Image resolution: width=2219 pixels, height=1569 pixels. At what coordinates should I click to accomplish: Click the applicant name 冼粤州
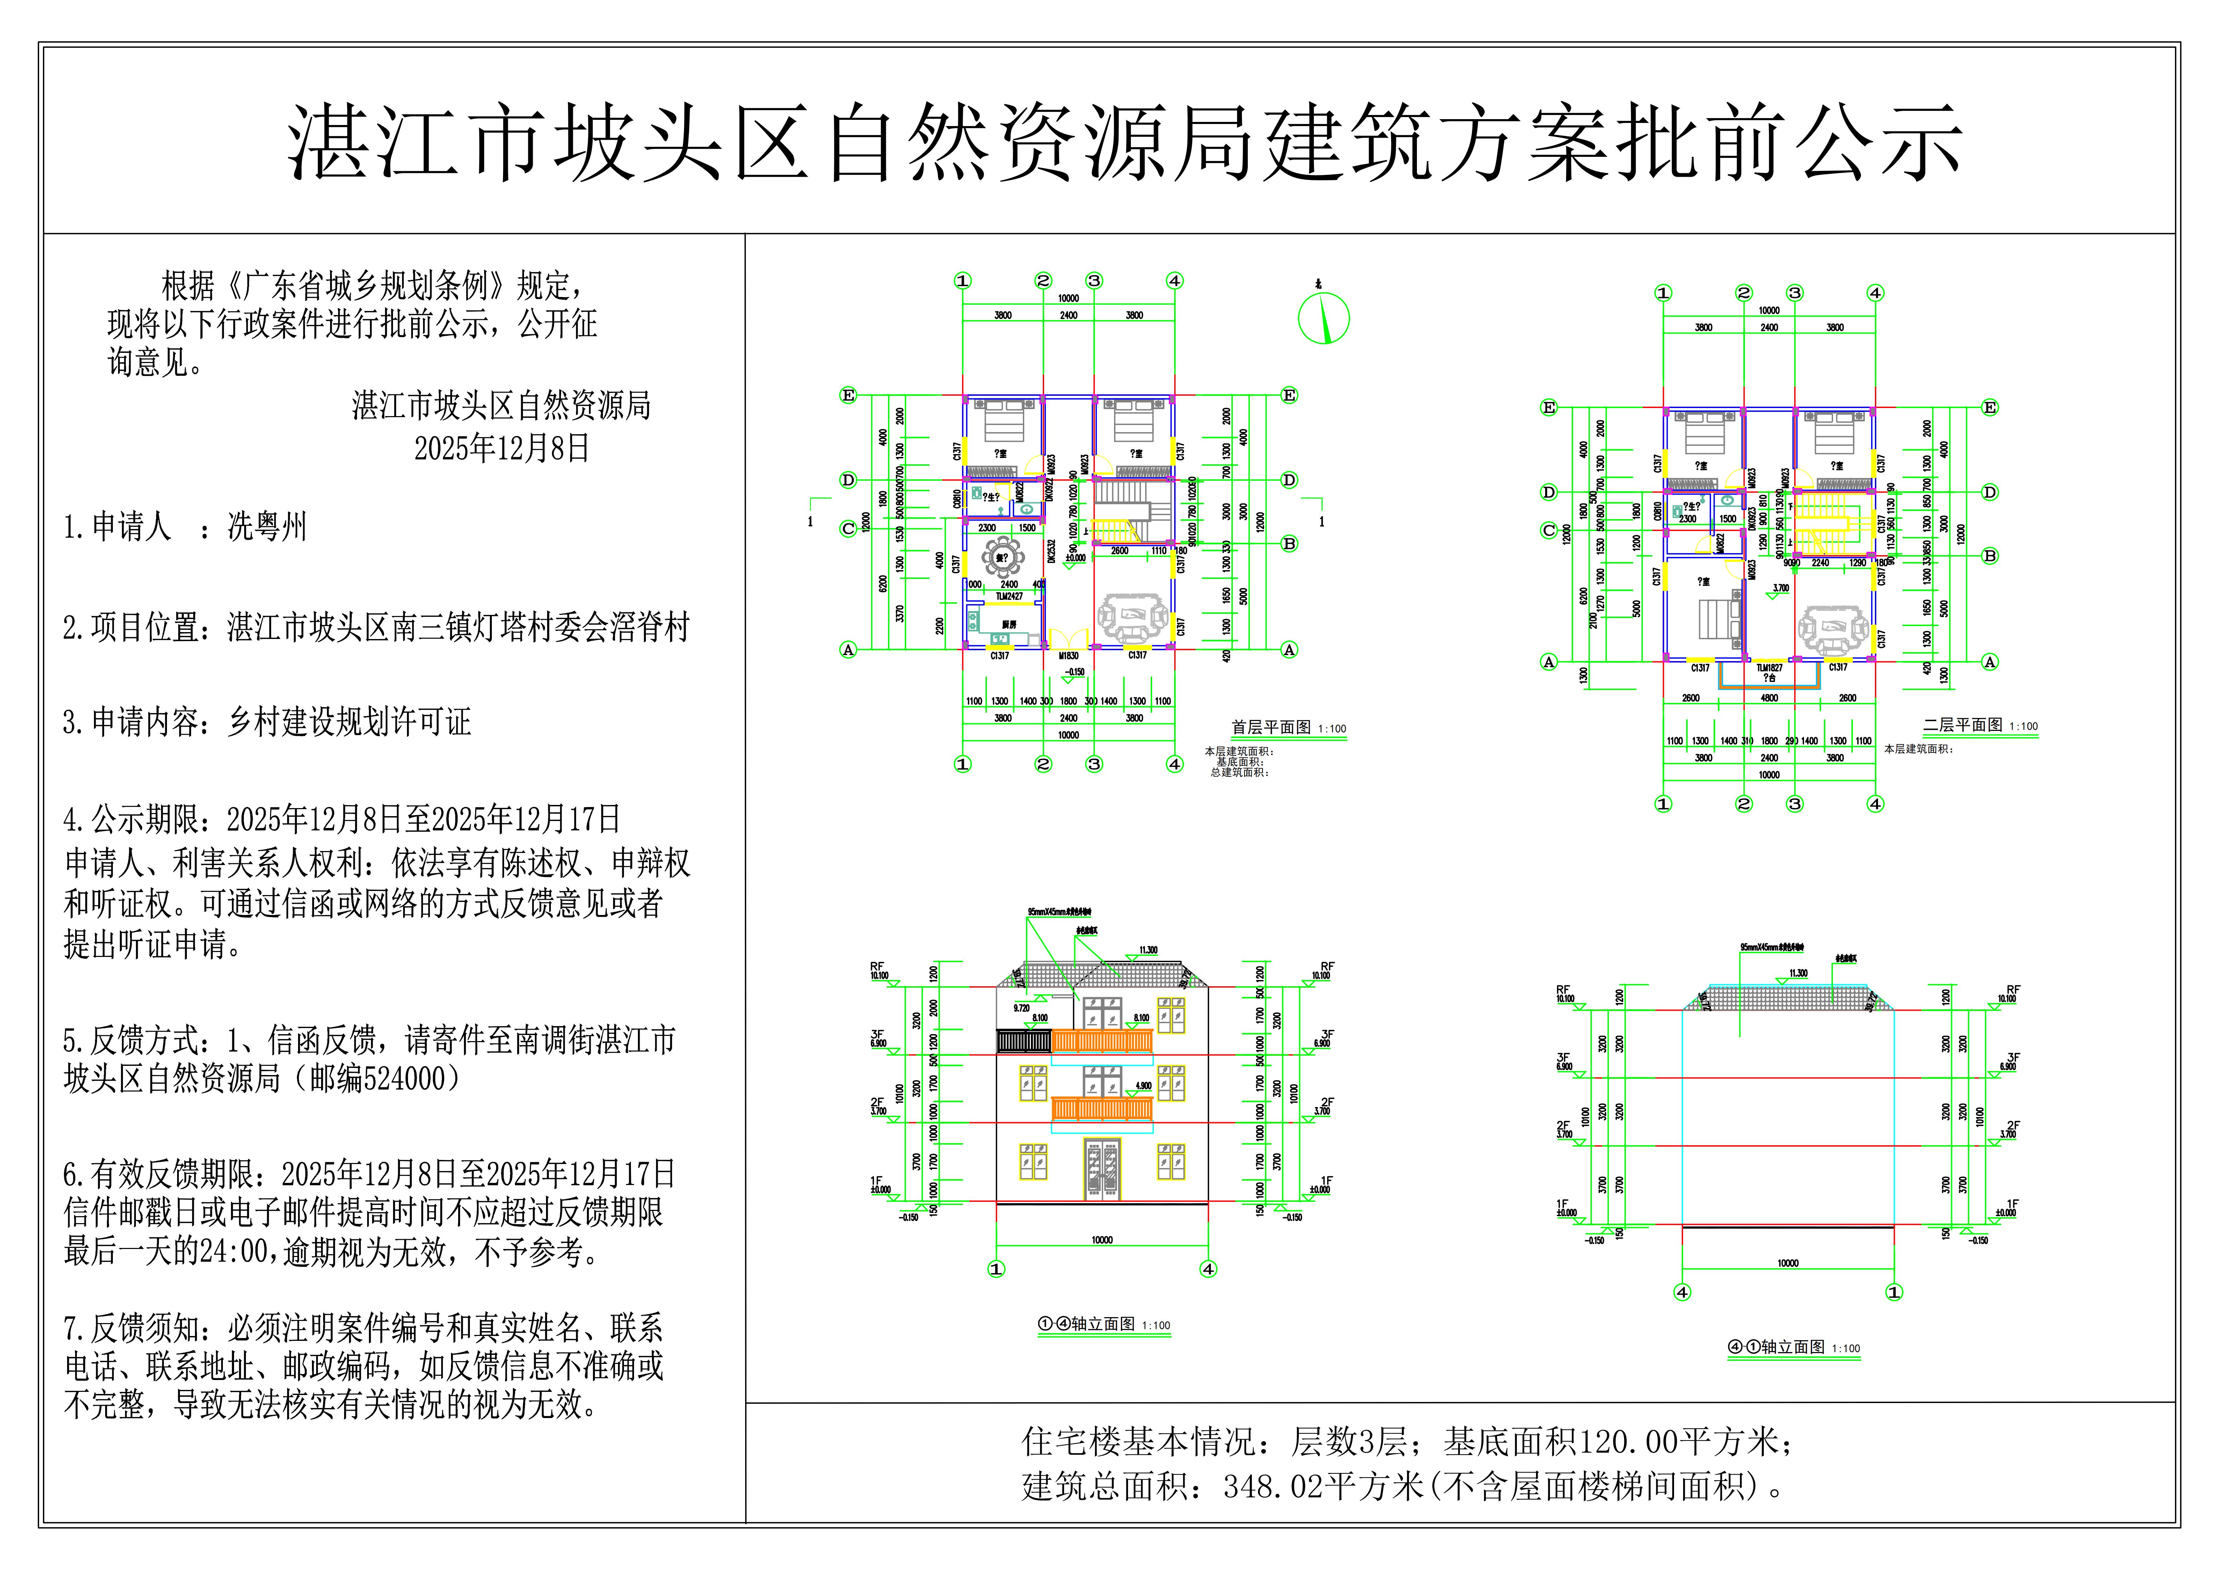(x=267, y=527)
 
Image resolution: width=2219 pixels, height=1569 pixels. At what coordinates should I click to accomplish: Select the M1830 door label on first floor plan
(x=1068, y=655)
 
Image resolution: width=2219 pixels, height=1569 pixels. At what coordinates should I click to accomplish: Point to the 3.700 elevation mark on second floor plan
(x=1780, y=588)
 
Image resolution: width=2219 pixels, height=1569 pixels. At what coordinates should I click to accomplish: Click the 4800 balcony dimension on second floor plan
(x=1769, y=698)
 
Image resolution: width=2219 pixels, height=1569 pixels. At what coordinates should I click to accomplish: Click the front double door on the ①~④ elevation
(x=1102, y=1170)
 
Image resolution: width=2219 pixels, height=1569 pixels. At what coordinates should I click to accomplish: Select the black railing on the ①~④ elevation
(x=1024, y=1041)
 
